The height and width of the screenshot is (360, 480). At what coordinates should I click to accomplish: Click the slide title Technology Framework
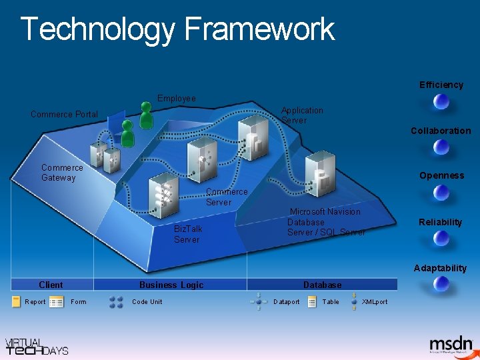177,30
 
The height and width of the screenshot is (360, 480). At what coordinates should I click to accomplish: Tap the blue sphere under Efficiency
441,102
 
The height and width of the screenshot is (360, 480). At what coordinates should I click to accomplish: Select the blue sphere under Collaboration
441,148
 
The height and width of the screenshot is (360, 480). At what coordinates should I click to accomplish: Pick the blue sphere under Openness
441,193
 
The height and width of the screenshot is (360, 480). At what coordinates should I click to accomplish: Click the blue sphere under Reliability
441,239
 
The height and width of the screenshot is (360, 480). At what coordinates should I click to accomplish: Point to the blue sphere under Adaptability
441,284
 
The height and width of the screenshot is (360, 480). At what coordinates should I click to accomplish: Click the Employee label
177,99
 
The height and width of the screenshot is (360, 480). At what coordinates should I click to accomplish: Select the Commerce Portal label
64,115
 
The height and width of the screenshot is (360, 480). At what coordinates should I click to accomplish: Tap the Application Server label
302,115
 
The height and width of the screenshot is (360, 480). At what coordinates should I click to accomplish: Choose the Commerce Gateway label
62,173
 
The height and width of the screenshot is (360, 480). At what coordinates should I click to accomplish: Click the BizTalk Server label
187,234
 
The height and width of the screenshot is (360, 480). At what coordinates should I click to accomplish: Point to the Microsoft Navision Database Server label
326,222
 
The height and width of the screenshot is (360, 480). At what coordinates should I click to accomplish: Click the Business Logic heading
171,285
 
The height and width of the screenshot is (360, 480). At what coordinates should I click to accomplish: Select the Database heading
322,285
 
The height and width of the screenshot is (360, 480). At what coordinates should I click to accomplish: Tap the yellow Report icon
16,302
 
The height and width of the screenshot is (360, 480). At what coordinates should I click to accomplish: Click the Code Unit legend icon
116,302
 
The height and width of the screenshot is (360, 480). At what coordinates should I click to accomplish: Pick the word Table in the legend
331,302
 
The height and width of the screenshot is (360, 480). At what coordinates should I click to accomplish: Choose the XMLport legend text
374,302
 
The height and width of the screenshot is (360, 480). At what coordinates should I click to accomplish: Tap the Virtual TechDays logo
37,345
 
